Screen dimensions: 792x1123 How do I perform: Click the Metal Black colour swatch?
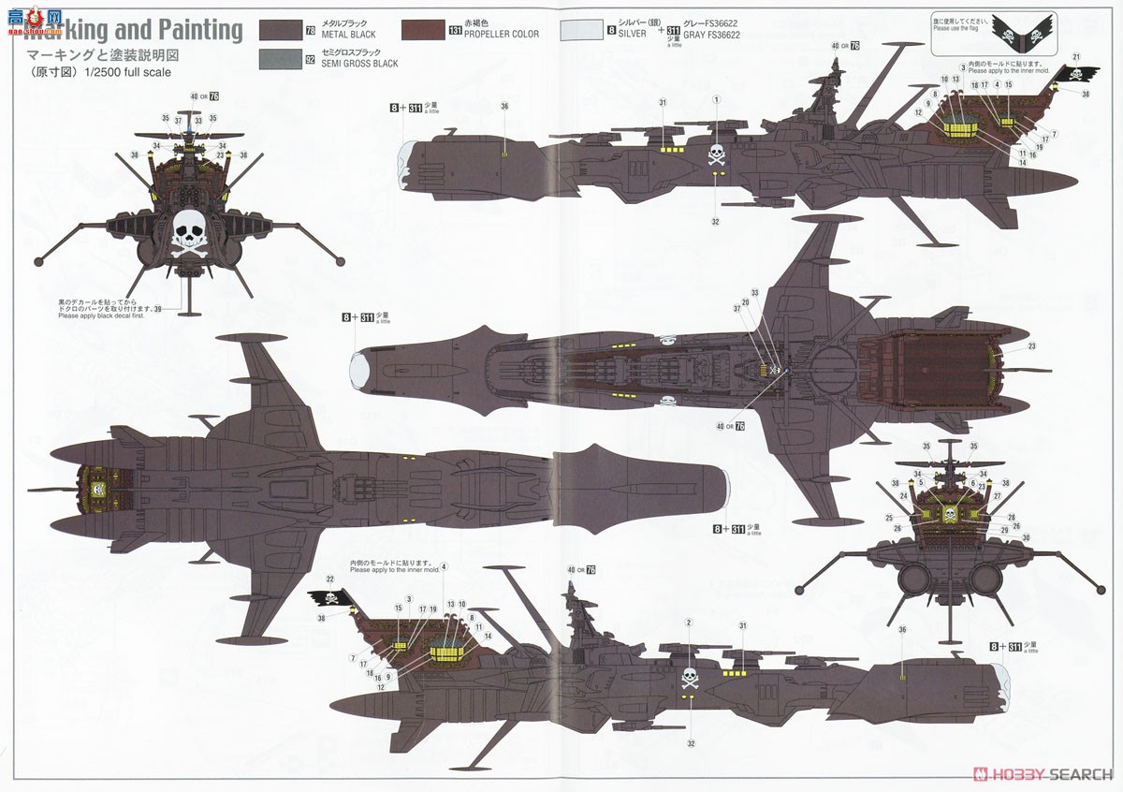[x=288, y=29]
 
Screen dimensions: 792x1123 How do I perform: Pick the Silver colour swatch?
[x=581, y=29]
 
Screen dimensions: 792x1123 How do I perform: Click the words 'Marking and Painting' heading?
[x=131, y=31]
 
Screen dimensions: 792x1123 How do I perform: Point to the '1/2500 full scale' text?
[x=127, y=72]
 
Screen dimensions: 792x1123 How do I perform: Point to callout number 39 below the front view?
[x=157, y=309]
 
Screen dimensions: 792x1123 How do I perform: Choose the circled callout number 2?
[x=689, y=623]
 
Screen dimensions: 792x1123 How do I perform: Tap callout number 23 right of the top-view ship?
[x=1031, y=346]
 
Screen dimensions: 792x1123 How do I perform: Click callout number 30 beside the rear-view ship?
[x=1026, y=537]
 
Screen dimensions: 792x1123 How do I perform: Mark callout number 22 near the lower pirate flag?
[x=330, y=580]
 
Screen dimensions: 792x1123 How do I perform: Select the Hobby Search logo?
[x=1043, y=774]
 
